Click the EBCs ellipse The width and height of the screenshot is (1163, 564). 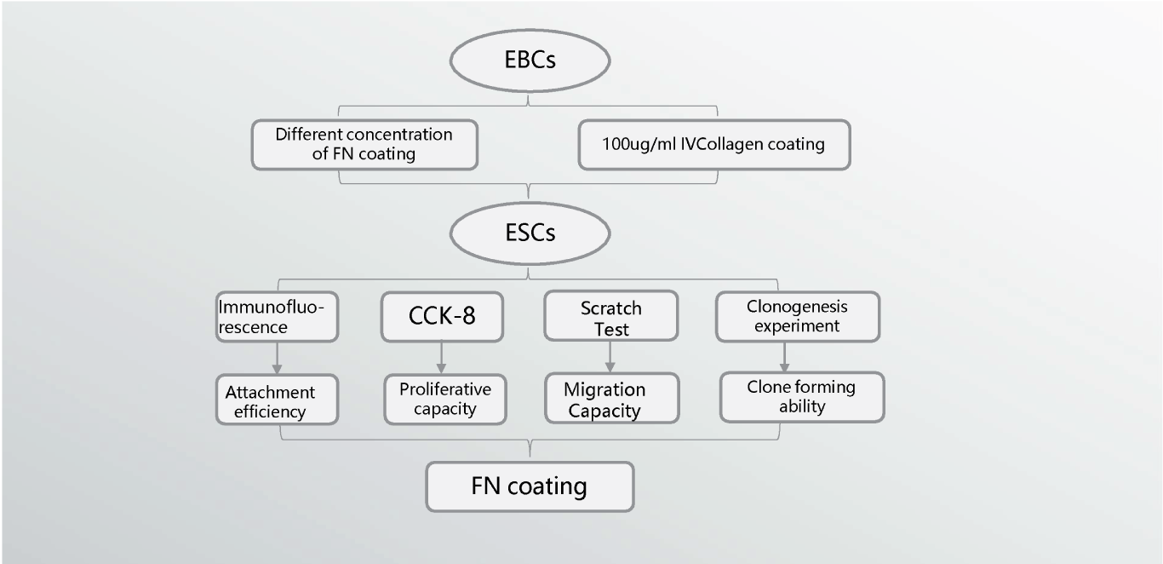click(530, 60)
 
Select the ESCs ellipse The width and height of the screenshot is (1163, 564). click(530, 233)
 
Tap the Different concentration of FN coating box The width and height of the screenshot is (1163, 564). click(364, 144)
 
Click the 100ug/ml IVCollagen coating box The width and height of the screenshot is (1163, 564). click(714, 144)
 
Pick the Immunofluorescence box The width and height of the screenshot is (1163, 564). click(277, 317)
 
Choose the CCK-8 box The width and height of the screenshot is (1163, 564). click(442, 316)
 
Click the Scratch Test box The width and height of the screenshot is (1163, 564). click(611, 316)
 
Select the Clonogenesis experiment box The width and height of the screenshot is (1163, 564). click(798, 316)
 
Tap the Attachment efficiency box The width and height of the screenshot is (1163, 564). click(277, 400)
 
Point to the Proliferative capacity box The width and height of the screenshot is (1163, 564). click(445, 399)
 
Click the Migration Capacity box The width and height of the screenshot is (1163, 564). click(611, 399)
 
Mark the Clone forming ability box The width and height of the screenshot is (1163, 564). click(802, 397)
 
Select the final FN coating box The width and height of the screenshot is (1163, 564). click(530, 486)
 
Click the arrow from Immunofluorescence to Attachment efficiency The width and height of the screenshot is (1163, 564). click(277, 358)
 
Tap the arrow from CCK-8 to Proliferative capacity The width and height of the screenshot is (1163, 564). click(441, 357)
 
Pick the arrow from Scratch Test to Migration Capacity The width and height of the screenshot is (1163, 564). click(610, 357)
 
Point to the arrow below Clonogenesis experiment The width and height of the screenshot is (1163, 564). click(784, 357)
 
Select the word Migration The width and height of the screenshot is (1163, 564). click(604, 389)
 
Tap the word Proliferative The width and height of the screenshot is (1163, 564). click(445, 389)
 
